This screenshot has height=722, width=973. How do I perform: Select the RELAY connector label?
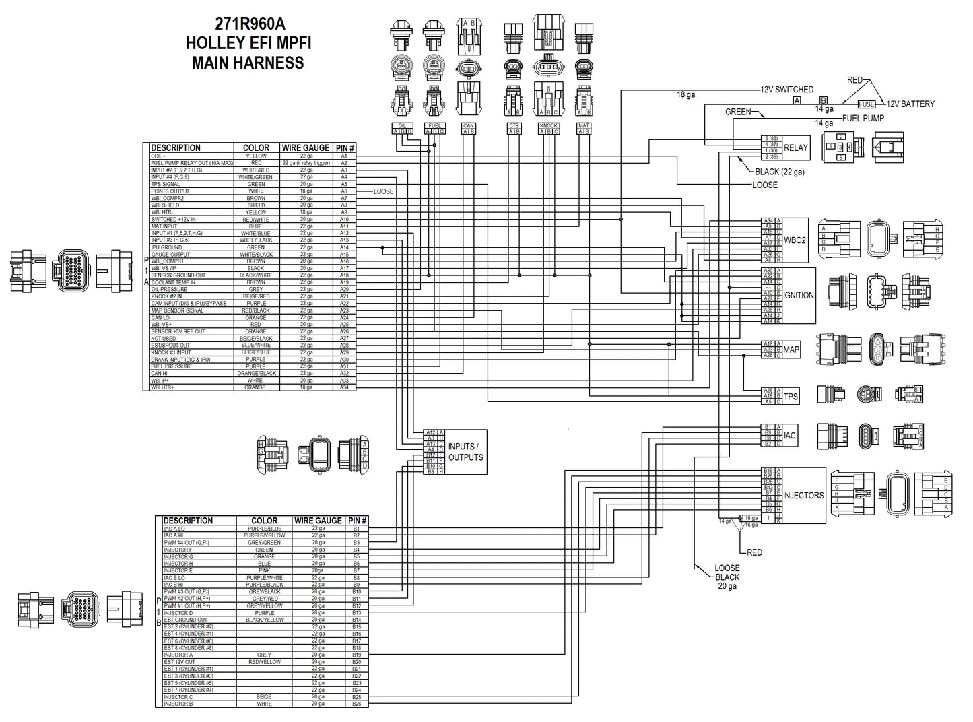(x=796, y=148)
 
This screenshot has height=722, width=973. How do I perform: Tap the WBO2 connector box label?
(x=795, y=240)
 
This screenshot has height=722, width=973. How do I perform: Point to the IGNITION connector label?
(x=799, y=295)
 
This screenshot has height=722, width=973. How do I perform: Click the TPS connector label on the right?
(x=791, y=397)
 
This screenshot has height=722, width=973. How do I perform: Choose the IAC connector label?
(x=790, y=436)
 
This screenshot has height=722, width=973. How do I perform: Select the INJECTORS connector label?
(x=803, y=496)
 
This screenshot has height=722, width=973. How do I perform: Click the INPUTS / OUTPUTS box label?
(x=465, y=452)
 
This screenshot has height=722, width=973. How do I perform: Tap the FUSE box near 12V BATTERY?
(x=866, y=104)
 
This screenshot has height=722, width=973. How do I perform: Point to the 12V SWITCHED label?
(x=786, y=90)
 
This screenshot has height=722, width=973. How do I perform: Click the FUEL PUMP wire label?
(x=863, y=118)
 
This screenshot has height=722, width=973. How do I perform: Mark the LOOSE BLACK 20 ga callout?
(x=727, y=577)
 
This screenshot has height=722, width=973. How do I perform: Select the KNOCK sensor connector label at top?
(x=549, y=126)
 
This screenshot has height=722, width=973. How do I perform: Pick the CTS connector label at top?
(x=514, y=126)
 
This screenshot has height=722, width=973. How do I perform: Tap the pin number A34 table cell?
(x=343, y=387)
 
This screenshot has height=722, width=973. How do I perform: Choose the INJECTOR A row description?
(x=178, y=655)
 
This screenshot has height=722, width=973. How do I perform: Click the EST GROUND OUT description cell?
(x=185, y=620)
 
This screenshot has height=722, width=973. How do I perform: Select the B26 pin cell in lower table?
(x=356, y=704)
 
